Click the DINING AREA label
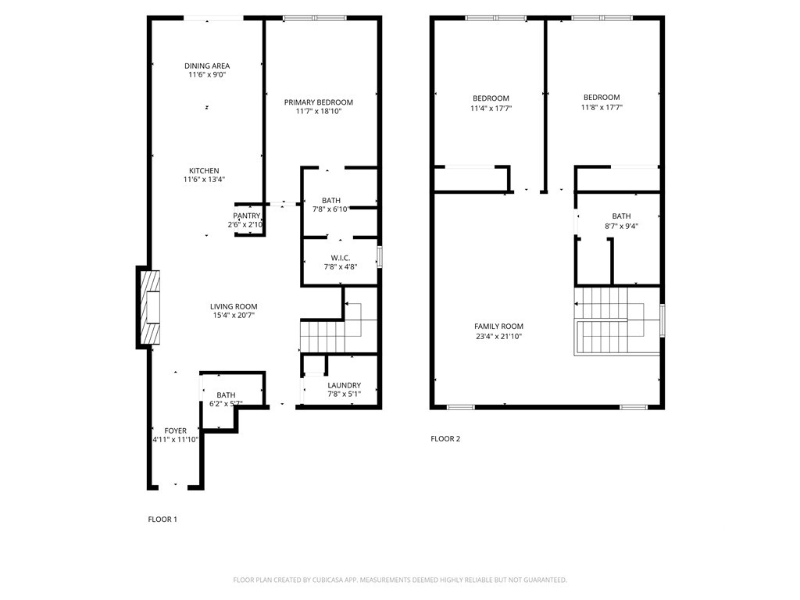207,66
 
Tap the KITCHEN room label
204,171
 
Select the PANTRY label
247,216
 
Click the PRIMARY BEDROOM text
319,102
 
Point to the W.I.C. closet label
341,258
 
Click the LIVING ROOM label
234,306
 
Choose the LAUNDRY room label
345,385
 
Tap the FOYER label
176,430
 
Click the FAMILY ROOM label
499,327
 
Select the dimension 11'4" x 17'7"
491,108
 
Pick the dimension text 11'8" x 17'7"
602,107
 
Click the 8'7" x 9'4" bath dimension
621,226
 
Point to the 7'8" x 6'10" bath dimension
330,209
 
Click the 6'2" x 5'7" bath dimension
226,404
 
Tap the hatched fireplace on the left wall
148,307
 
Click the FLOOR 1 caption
162,520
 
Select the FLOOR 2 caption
445,439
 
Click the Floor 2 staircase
617,321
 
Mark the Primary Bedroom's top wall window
316,18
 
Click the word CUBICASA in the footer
330,580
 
